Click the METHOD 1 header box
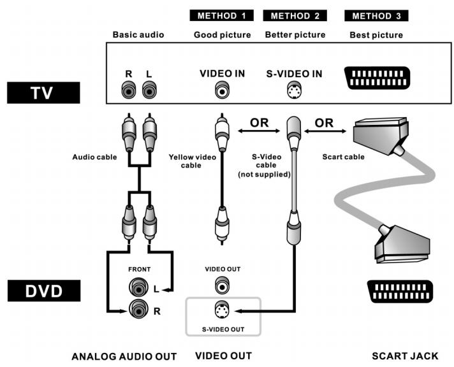(221, 15)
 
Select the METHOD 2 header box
(295, 15)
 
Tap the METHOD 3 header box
(376, 16)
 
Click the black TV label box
(43, 92)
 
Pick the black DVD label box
(44, 291)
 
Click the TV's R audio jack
(129, 90)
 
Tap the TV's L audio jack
(149, 90)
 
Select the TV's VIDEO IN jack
(222, 90)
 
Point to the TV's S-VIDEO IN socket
(294, 90)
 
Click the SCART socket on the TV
(377, 78)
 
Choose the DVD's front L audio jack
(138, 287)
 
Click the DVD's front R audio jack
(138, 308)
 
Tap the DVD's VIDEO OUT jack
(222, 285)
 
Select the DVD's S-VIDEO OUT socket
(222, 310)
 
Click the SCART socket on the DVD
(400, 291)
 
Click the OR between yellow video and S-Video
(259, 123)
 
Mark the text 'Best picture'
(376, 35)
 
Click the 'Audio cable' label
(94, 157)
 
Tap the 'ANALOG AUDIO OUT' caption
(124, 356)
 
